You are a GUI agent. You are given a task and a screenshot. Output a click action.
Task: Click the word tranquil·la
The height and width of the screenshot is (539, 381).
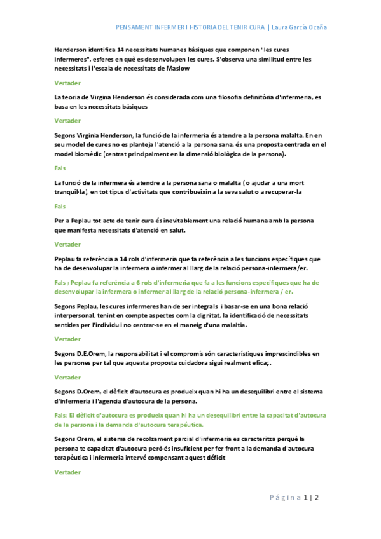click(72, 191)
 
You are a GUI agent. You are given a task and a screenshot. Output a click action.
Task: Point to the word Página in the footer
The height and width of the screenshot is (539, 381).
click(285, 497)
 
